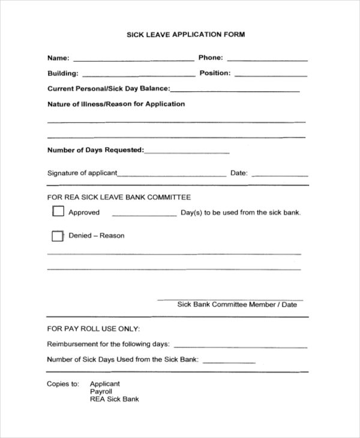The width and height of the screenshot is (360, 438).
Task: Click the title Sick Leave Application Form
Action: tap(185, 35)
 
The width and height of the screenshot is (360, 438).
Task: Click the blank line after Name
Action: tap(133, 60)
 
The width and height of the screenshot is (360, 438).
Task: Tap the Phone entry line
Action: tap(267, 60)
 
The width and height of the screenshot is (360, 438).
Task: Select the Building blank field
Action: tap(138, 75)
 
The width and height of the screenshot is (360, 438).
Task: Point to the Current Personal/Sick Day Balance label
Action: tap(109, 89)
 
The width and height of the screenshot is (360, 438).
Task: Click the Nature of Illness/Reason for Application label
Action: tap(116, 104)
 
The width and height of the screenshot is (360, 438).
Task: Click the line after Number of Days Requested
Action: tap(187, 152)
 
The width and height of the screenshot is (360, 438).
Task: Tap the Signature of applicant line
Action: tap(172, 175)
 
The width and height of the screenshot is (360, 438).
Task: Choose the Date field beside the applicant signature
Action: tap(280, 175)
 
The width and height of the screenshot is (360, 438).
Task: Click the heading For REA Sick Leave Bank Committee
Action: tap(119, 197)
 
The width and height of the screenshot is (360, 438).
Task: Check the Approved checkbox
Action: tap(58, 211)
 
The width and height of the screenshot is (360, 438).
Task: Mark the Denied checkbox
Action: tap(57, 236)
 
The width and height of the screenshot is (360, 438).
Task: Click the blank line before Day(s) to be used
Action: tap(144, 214)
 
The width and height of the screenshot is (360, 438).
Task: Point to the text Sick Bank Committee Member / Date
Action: tap(237, 305)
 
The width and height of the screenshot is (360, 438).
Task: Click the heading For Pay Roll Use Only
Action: tap(94, 329)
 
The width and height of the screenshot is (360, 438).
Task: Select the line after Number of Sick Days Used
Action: tap(230, 362)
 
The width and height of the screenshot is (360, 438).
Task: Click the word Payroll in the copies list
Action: tap(101, 391)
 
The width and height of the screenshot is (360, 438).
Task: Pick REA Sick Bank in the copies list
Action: tap(114, 399)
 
